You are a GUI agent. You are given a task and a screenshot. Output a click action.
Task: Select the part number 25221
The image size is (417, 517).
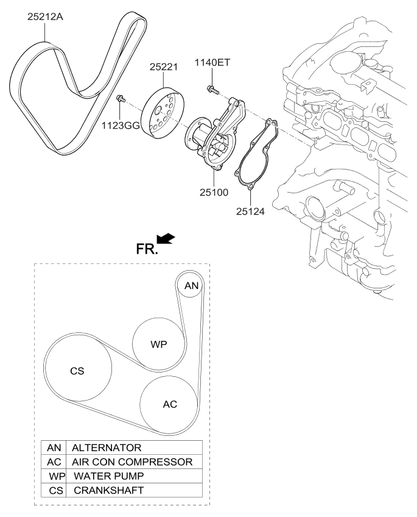163,68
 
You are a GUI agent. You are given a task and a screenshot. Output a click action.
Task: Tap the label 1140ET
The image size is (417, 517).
214,63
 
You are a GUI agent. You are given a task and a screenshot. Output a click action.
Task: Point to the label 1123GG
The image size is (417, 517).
121,126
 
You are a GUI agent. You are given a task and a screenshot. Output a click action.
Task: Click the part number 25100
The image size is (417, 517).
212,192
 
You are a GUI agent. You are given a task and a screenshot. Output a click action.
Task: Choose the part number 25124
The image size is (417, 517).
251,212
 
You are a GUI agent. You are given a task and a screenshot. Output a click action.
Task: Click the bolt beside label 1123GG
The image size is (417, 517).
121,98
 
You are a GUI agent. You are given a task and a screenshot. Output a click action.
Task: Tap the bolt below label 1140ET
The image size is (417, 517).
211,89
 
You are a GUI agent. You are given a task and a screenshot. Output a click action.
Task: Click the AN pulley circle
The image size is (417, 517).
191,285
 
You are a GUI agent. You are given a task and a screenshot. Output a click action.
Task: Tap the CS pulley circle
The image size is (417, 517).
78,369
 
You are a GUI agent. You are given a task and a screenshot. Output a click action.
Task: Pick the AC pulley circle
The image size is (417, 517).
169,404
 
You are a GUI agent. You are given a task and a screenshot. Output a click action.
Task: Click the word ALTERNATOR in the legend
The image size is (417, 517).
107,447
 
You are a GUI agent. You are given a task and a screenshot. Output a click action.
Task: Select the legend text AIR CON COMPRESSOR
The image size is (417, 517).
132,462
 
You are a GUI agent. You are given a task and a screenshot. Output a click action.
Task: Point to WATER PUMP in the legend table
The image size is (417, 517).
109,476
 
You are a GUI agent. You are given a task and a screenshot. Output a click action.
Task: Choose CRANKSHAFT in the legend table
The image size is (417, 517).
109,490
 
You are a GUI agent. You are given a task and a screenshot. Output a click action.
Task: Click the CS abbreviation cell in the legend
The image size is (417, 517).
54,490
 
